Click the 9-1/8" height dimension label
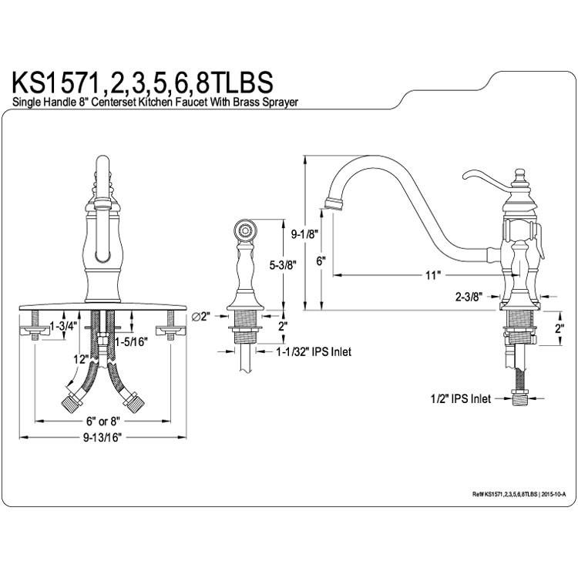tap(304, 234)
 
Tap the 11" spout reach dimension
tap(433, 275)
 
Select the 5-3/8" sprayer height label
tap(283, 264)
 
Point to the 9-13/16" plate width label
tap(102, 438)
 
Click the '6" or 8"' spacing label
tap(102, 421)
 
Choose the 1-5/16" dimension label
tap(132, 341)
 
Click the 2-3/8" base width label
tap(469, 297)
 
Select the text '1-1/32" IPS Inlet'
tap(314, 352)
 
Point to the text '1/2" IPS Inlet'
tap(461, 398)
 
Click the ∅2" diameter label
tap(201, 316)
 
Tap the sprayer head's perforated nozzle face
tap(245, 230)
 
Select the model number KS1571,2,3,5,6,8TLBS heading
tap(143, 82)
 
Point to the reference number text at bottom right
tap(519, 494)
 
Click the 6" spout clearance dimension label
tap(321, 261)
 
